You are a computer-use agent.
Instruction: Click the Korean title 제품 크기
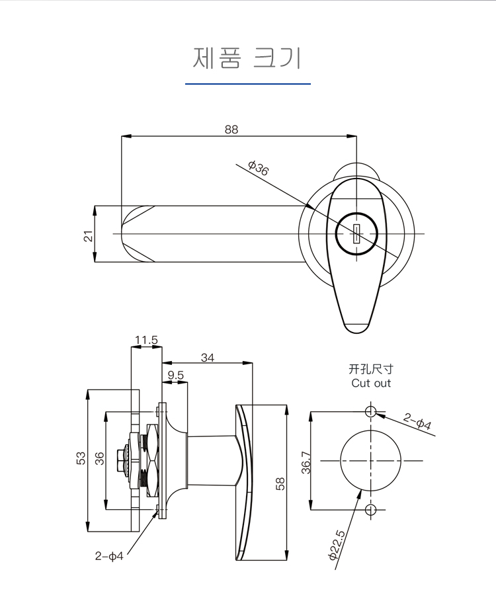tap(247, 58)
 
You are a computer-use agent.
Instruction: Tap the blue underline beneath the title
tap(247, 84)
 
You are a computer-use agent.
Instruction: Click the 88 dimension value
tap(231, 130)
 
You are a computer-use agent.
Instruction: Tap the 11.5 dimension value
tap(146, 341)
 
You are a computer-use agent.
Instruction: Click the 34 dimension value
tap(208, 358)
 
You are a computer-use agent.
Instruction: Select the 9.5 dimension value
tap(175, 376)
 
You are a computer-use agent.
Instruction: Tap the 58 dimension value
tap(280, 483)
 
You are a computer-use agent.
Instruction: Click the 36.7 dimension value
tap(306, 462)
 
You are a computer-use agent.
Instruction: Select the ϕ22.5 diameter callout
tap(336, 545)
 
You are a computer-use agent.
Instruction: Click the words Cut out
tap(371, 383)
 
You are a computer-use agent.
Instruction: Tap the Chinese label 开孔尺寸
tap(371, 370)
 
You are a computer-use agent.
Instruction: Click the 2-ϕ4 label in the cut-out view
tap(417, 422)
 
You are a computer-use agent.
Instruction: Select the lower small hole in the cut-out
tap(370, 509)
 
